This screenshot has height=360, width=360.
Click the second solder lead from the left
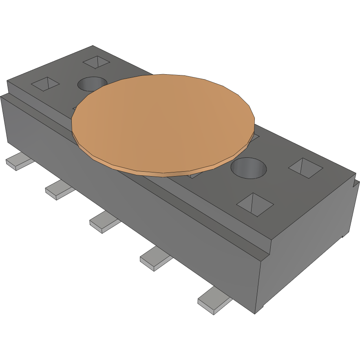(59, 190)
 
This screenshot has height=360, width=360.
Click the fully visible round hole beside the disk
(248, 168)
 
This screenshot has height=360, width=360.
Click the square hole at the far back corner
(97, 62)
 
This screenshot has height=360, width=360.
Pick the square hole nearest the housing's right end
(306, 168)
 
